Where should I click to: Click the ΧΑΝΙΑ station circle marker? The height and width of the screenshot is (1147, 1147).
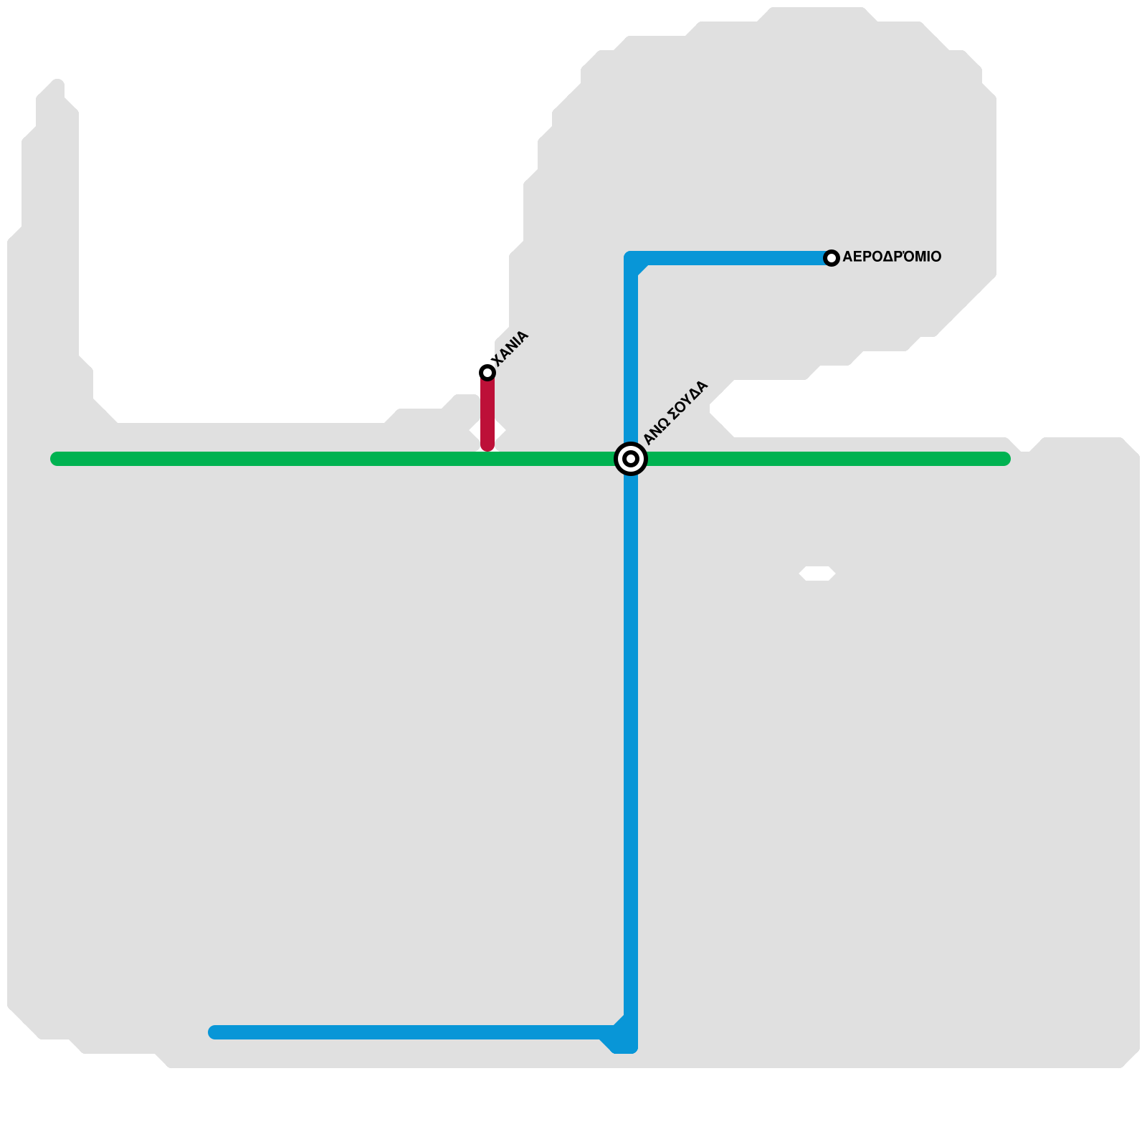tap(487, 372)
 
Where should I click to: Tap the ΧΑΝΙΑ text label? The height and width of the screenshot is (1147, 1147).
tap(510, 348)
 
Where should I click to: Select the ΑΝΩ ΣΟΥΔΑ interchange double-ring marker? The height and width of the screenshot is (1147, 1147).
tap(631, 459)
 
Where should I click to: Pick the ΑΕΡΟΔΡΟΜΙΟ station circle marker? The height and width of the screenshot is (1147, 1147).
tap(832, 258)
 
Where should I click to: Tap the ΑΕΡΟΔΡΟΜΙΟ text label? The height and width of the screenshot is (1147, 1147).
tap(892, 257)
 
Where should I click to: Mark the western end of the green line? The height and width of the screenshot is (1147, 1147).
tap(57, 459)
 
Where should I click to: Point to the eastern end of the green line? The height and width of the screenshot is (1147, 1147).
tap(1004, 459)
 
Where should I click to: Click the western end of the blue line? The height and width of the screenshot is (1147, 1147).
tap(215, 1032)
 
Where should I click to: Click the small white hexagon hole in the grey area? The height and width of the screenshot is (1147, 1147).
tap(817, 573)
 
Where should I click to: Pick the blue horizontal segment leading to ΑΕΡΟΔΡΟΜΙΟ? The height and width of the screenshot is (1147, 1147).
tap(731, 258)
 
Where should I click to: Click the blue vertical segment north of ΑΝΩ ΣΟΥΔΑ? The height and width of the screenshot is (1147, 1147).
tap(631, 351)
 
